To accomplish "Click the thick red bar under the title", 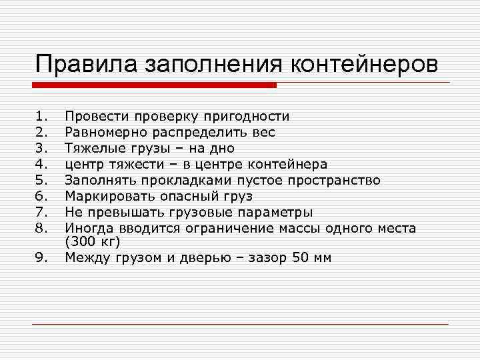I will pos(154,85).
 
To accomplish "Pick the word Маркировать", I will pos(111,196).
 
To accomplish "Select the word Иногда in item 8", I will pos(87,228).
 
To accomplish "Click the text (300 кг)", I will pos(91,242).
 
